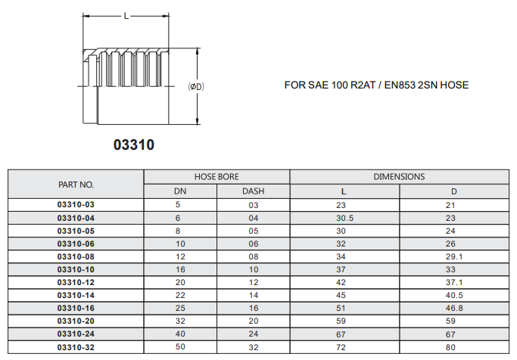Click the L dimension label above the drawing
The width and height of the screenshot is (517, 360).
(126, 16)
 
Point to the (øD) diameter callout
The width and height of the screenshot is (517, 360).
(196, 87)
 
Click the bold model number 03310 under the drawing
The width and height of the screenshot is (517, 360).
(134, 144)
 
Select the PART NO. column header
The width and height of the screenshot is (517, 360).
(76, 185)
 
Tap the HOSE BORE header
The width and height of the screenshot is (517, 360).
(216, 177)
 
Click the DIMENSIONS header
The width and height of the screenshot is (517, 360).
(399, 177)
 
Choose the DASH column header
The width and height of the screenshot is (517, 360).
(254, 191)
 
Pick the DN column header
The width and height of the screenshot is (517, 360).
(180, 191)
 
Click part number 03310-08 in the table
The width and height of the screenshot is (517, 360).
(76, 256)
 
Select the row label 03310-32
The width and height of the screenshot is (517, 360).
(76, 347)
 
